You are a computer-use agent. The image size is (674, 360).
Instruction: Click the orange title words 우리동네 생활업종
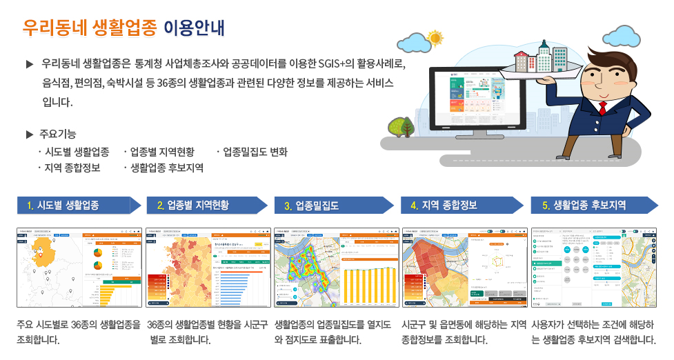coord(90,28)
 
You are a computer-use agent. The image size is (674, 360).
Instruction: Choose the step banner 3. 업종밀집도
coord(328,206)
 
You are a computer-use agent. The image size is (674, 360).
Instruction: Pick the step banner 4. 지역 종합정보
coord(455,206)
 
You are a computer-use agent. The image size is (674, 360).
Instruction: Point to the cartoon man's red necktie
coord(602,108)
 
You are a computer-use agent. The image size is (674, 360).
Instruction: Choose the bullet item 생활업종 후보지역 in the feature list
coord(166,168)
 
